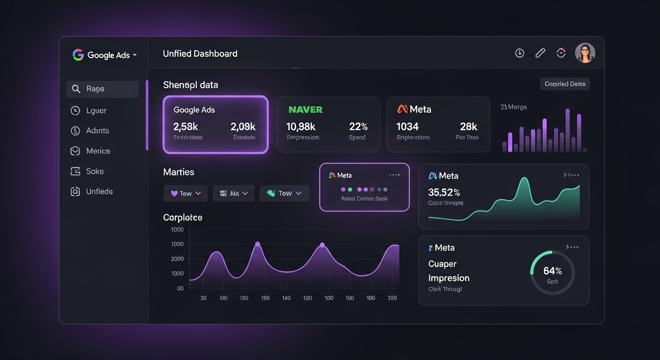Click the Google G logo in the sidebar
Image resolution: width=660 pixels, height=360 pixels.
(78, 55)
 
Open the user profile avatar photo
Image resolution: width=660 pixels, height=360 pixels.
(585, 53)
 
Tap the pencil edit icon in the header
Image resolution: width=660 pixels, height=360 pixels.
(540, 53)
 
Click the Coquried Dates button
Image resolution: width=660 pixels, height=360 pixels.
(565, 84)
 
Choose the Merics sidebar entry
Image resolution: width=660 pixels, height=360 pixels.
(97, 151)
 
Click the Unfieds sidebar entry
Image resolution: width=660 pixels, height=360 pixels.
(99, 191)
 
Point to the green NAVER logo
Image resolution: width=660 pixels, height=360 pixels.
(305, 110)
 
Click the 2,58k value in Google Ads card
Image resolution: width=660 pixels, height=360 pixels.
(186, 127)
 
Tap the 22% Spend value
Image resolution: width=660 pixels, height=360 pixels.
(358, 127)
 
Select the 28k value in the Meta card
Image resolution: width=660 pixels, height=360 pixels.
(468, 127)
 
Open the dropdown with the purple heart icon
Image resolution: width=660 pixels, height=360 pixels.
(186, 193)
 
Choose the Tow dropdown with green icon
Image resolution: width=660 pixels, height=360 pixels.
(284, 193)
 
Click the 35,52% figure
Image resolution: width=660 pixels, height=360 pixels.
(444, 192)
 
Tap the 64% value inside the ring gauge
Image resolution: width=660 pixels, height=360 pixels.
(552, 271)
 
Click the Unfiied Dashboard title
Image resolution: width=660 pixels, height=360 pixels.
(200, 54)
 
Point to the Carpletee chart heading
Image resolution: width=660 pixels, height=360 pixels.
(182, 217)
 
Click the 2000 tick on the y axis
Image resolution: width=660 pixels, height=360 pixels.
(177, 259)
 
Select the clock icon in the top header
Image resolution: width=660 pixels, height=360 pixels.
(519, 53)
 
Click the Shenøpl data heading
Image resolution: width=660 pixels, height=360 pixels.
(190, 85)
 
